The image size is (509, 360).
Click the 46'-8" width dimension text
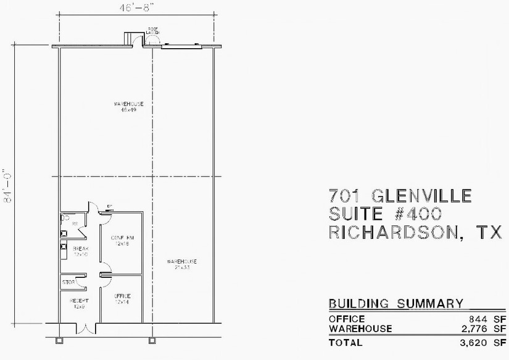pos(136,8)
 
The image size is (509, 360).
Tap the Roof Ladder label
pos(152,30)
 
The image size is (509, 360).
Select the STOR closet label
pos(68,283)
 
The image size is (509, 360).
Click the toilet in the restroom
pos(65,217)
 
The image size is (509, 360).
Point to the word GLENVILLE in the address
pos(423,196)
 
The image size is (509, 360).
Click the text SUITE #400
pos(385,214)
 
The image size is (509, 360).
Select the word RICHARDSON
pos(395,232)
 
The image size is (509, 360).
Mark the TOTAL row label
pos(346,342)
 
